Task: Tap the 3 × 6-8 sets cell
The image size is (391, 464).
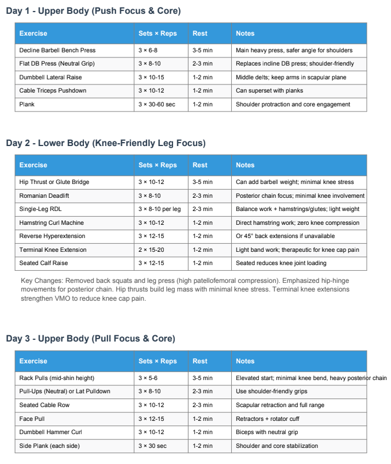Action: (148, 50)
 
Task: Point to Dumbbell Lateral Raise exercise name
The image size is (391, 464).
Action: (51, 77)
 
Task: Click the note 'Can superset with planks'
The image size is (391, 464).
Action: (269, 91)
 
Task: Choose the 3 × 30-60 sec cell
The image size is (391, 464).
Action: (156, 105)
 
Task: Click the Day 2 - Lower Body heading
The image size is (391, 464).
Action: (106, 143)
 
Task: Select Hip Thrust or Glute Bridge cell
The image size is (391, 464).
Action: (54, 182)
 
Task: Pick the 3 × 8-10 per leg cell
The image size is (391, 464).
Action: (159, 209)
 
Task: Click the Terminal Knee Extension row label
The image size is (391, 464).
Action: (53, 250)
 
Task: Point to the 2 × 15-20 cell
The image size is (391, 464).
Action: (151, 250)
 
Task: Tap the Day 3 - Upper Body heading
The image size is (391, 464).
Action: (91, 339)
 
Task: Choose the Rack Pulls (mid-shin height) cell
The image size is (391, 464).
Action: (56, 378)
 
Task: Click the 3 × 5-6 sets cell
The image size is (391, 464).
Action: (148, 378)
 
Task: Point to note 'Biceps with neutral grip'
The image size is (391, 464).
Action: (269, 432)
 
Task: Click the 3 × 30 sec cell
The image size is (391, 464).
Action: (152, 446)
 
